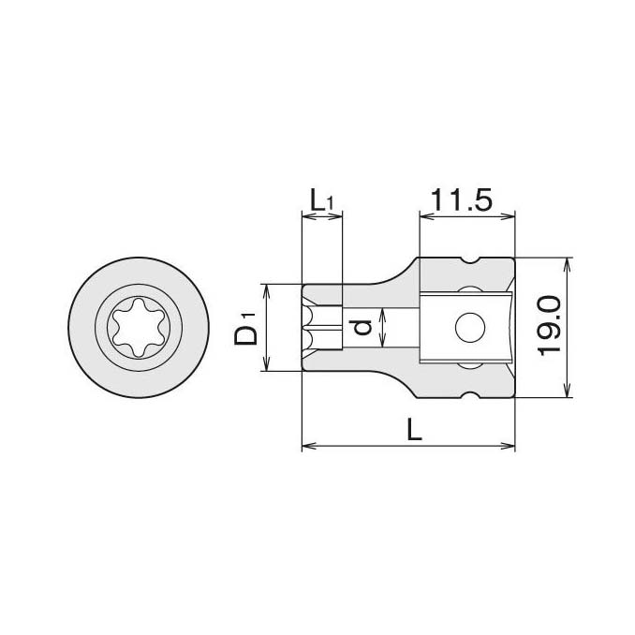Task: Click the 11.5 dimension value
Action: [x=461, y=199]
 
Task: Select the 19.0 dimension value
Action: [x=550, y=325]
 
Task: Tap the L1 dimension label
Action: [x=321, y=200]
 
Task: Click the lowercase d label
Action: [x=362, y=327]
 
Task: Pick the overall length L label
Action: [x=414, y=429]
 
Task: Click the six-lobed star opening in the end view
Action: [x=139, y=328]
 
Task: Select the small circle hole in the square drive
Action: [x=470, y=327]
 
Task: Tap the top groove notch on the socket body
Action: [x=470, y=260]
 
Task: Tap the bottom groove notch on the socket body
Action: [x=470, y=395]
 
